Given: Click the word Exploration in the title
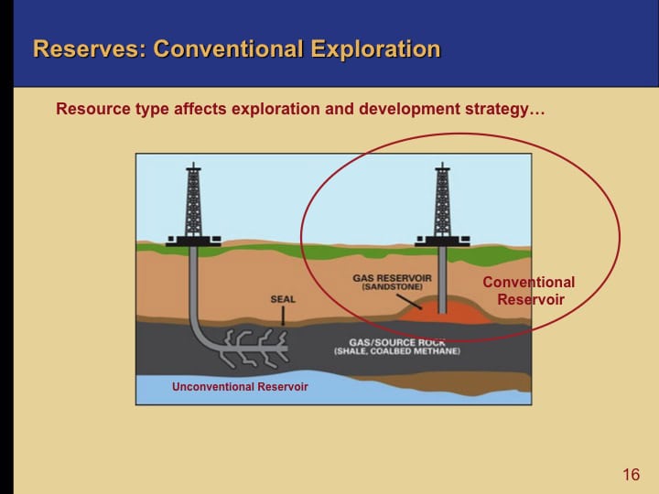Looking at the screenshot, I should coord(375,48).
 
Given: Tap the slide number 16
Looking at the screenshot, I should coord(631,474).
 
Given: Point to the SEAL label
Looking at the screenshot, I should coord(283,299).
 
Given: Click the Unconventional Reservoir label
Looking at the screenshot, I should coord(240,387).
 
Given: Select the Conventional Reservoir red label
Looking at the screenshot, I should coord(529,291).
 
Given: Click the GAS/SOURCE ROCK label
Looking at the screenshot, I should coord(397,341).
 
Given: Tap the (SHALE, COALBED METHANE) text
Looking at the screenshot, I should coord(397,352).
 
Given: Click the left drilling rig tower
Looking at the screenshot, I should coord(193,201).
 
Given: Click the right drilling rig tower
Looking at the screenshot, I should coord(442,201).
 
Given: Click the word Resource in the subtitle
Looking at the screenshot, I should coord(91,109).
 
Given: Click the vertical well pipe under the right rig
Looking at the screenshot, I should coord(442,274).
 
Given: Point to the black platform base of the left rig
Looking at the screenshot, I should coord(193,242).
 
